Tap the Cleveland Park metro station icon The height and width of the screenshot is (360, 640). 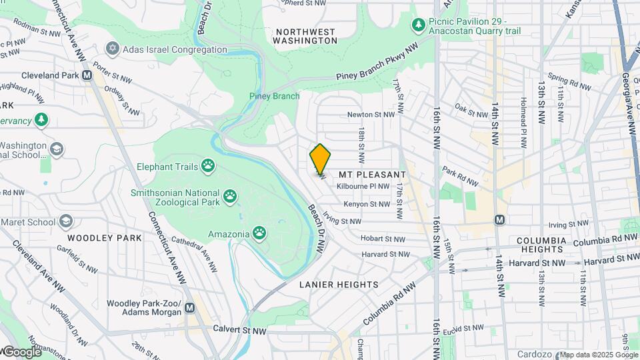tap(87, 75)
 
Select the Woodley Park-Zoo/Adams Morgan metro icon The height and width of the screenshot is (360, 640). tap(191, 307)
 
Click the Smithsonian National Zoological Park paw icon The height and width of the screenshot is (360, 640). tap(231, 195)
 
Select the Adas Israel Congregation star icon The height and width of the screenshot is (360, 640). tap(112, 49)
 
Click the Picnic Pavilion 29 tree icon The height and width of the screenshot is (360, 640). tap(418, 25)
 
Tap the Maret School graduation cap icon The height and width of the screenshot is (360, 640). tap(65, 221)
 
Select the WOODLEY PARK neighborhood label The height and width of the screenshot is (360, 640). tap(104, 238)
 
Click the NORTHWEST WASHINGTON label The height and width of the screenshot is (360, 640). tap(306, 36)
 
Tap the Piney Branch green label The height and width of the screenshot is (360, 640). tap(274, 96)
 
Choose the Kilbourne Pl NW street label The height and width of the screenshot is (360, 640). tap(363, 187)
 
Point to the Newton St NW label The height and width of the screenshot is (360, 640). tap(369, 115)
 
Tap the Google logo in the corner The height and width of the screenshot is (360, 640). tap(21, 351)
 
